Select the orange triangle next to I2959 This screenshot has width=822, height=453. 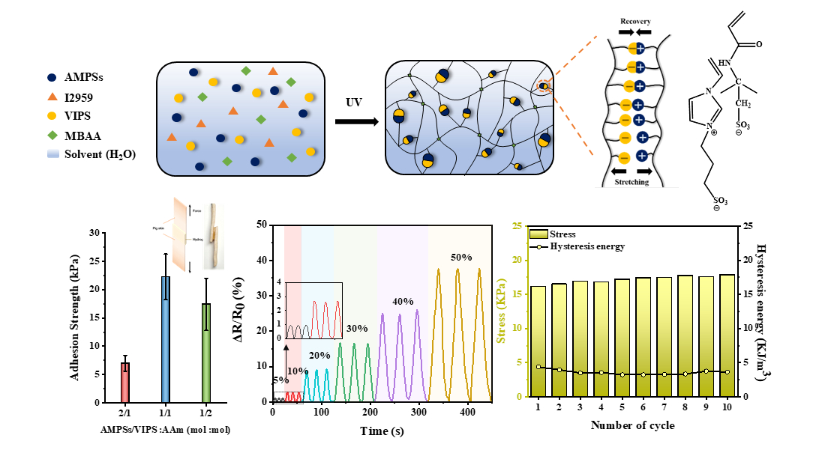[x=51, y=96]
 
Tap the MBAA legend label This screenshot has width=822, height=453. [x=83, y=136]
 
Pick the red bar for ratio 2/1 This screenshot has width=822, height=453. [x=126, y=382]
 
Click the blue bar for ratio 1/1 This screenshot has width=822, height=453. [x=166, y=338]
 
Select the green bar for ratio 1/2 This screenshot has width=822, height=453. [x=205, y=352]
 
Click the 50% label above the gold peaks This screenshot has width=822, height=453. [x=461, y=257]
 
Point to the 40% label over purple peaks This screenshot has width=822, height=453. [x=403, y=301]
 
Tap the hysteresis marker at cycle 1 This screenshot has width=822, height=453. [x=538, y=367]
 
